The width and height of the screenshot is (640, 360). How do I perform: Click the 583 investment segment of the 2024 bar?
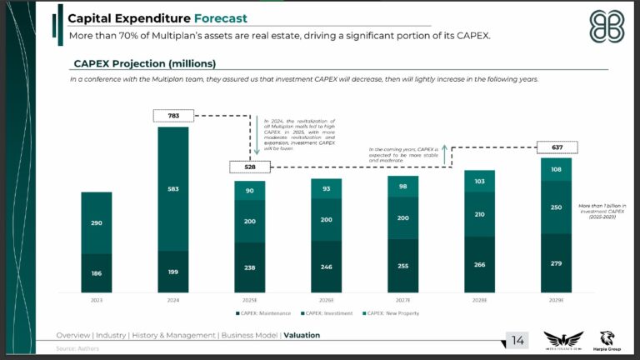172,189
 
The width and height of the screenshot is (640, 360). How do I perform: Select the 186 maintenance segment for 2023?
96,272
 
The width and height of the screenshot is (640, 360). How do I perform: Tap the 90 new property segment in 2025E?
249,191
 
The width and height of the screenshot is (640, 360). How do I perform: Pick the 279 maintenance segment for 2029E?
556,263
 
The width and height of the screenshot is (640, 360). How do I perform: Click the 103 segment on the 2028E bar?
479,181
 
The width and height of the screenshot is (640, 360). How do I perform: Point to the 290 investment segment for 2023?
96,223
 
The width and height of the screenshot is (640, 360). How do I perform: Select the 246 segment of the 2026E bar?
326,267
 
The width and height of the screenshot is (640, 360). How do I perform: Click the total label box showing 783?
172,115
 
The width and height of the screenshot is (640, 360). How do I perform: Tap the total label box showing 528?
249,167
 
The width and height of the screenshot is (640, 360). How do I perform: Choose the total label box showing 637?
556,147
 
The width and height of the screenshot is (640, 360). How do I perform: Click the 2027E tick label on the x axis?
402,299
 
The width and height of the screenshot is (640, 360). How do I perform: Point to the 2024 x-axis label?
172,299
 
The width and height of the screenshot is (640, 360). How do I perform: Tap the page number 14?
517,340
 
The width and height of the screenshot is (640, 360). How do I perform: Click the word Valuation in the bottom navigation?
301,335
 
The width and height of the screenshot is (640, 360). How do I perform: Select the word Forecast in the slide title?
220,18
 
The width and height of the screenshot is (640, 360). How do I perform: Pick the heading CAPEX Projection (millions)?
144,63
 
